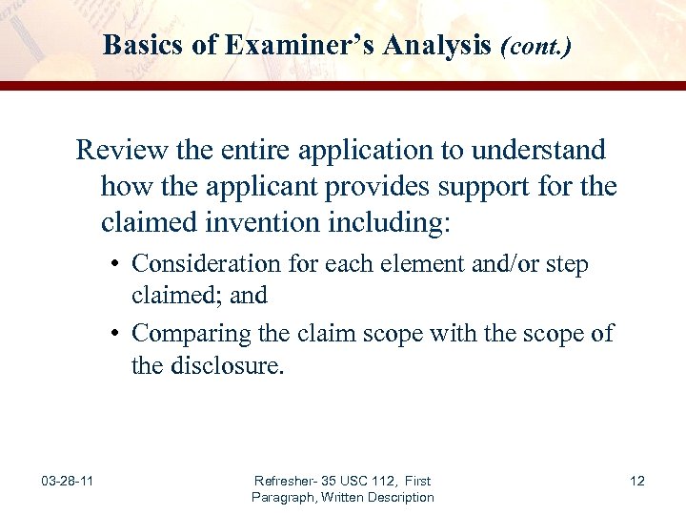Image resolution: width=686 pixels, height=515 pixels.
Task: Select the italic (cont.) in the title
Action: pos(535,45)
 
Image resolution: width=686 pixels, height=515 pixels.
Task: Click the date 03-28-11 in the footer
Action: pos(67,481)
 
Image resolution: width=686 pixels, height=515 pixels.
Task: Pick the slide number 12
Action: pos(637,481)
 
